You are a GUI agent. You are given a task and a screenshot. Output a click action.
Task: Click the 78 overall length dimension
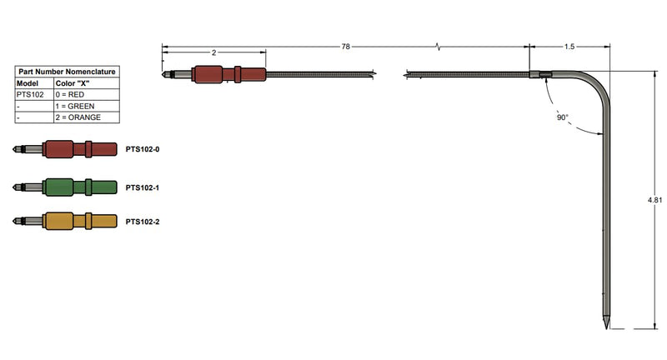345,47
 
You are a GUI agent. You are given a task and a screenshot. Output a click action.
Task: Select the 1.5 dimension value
569,47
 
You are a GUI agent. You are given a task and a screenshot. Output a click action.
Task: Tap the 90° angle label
562,117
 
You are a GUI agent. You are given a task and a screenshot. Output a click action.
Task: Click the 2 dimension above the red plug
214,52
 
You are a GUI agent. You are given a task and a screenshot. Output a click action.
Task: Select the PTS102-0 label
143,149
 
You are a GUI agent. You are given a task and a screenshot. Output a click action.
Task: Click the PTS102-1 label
143,187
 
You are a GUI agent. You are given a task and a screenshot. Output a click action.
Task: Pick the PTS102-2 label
143,222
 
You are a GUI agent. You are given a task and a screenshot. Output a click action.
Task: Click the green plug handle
79,187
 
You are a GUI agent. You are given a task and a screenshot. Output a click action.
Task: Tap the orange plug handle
79,221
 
